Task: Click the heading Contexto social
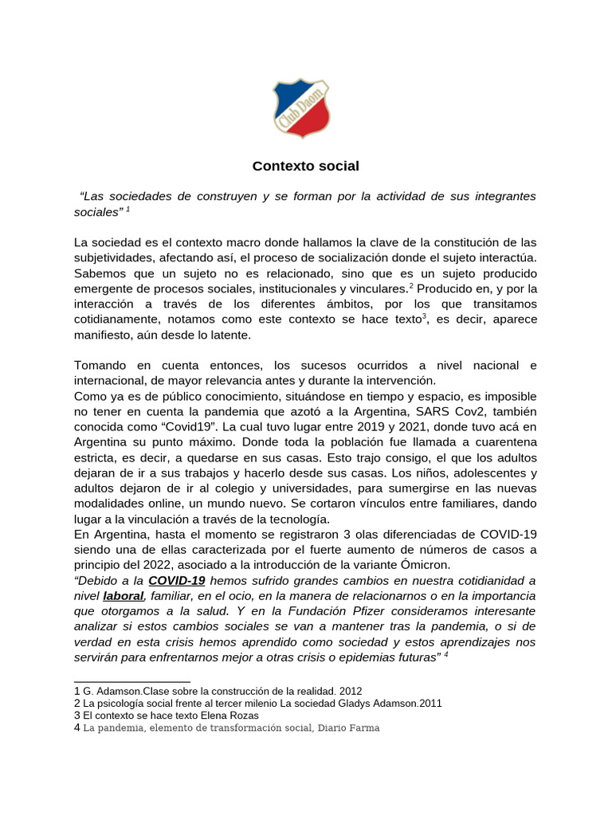[x=306, y=167]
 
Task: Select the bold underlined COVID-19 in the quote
[x=177, y=581]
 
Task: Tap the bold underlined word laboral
[x=124, y=596]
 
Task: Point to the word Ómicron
[x=426, y=565]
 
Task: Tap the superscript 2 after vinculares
[x=411, y=285]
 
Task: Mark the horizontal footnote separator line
[x=131, y=682]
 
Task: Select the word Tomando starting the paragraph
[x=101, y=366]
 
